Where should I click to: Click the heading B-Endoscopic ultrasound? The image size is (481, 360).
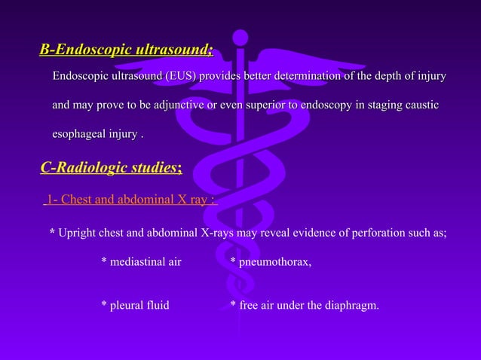126,50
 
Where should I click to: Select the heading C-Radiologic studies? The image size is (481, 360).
111,167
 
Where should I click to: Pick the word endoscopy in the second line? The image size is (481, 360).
326,105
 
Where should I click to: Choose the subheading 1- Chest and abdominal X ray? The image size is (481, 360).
130,200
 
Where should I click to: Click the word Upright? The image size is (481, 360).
78,233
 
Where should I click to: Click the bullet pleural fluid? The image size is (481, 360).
135,305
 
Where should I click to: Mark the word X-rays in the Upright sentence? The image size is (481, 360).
218,233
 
